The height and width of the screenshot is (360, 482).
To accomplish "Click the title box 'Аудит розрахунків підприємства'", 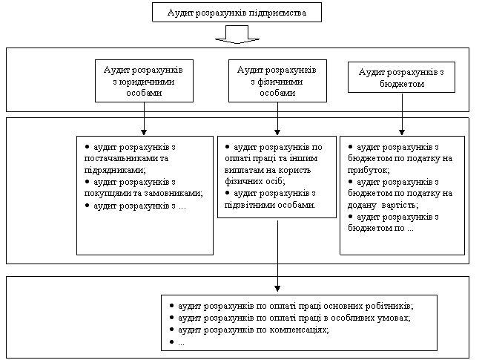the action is pos(237,13).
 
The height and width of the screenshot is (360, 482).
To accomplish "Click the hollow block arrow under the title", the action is pos(237,34).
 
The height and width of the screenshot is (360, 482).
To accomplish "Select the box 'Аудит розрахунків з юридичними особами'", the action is pos(144,81).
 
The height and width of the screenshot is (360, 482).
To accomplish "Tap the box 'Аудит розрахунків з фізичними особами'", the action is pos(277,81).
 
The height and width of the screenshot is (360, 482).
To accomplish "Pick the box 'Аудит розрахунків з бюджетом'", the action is pos(401,77).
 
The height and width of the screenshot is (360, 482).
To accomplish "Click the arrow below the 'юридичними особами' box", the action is pos(144,119).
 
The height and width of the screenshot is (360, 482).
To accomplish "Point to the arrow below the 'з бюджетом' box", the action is pos(402,114).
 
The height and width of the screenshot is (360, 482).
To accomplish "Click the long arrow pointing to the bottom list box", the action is pos(277,256).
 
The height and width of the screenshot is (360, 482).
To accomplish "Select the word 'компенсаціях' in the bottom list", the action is pos(299,330).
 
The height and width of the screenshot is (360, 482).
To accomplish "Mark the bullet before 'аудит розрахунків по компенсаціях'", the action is pos(171,330).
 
